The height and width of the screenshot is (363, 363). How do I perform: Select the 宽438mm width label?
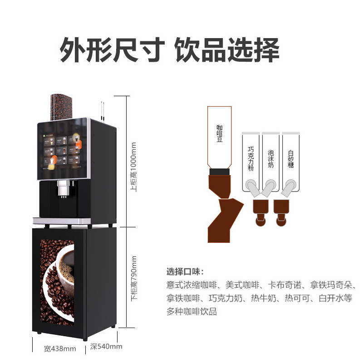pyautogui.click(x=60, y=348)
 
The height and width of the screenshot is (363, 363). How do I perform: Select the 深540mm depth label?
pyautogui.click(x=106, y=347)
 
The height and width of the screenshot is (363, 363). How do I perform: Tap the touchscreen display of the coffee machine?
pyautogui.click(x=61, y=150)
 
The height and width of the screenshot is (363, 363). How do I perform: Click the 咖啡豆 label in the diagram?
pyautogui.click(x=219, y=134)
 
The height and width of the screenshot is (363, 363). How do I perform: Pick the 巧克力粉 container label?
pyautogui.click(x=250, y=158)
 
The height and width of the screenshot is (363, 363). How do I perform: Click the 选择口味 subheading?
pyautogui.click(x=185, y=272)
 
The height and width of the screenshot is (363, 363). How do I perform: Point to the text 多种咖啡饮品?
pyautogui.click(x=191, y=312)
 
